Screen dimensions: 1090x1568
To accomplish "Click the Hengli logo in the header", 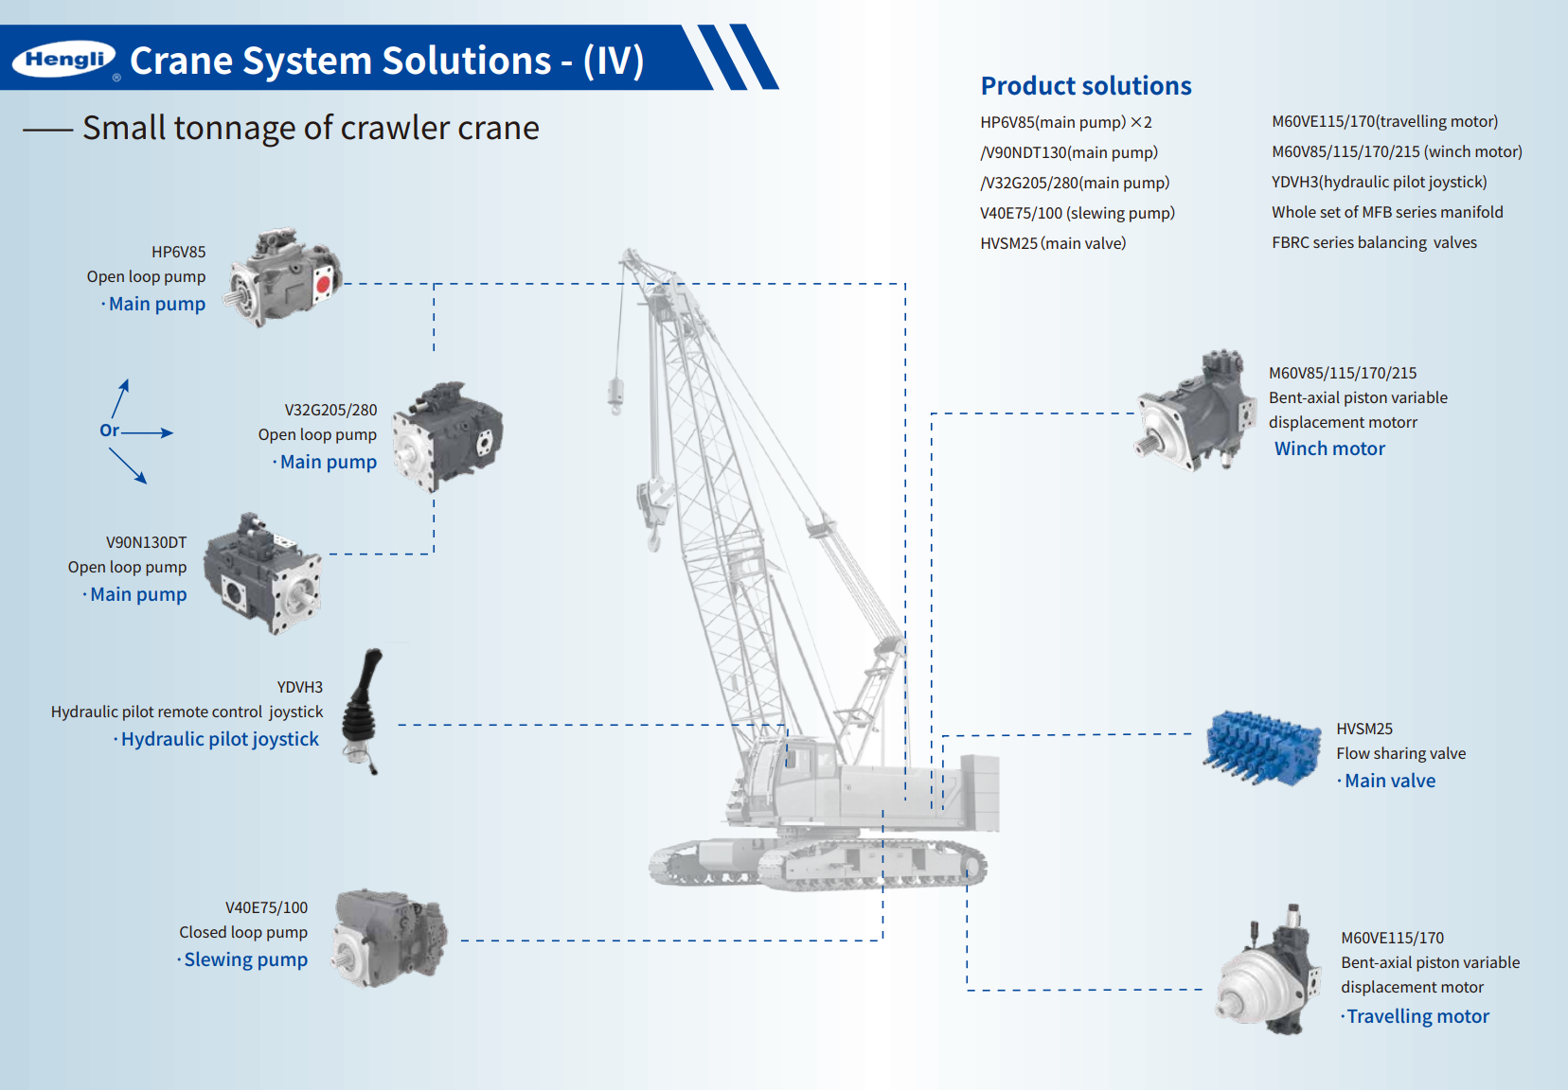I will click(63, 60).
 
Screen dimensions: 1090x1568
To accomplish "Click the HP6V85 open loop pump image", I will click(285, 277).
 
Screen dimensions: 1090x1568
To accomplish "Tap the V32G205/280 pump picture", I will click(447, 436).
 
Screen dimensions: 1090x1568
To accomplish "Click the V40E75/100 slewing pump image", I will click(389, 938).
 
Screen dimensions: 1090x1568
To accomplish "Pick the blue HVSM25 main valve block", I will click(1263, 747).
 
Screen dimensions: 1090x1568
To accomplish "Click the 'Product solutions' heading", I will click(1085, 86).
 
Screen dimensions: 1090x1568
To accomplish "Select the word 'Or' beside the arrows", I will click(109, 431).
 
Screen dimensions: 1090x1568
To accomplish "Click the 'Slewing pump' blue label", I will click(245, 959).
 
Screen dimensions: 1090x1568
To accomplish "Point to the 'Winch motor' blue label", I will click(1329, 448).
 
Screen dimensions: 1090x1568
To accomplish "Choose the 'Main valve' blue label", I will click(1389, 781).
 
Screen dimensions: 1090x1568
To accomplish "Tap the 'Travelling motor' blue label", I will click(1417, 1016).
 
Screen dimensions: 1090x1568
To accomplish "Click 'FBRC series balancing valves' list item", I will click(1374, 242).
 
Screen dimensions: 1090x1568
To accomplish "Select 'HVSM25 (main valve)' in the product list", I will click(1053, 243).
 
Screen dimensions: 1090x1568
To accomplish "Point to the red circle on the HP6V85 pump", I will click(323, 283).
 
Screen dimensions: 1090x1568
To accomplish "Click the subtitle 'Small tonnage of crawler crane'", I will click(311, 128).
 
